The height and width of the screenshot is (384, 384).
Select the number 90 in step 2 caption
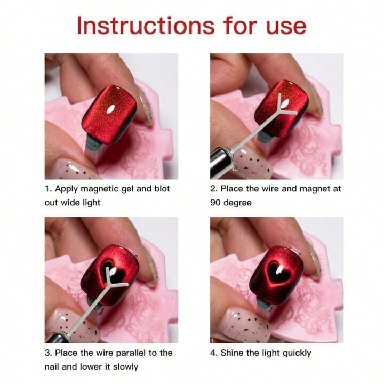(217, 203)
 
